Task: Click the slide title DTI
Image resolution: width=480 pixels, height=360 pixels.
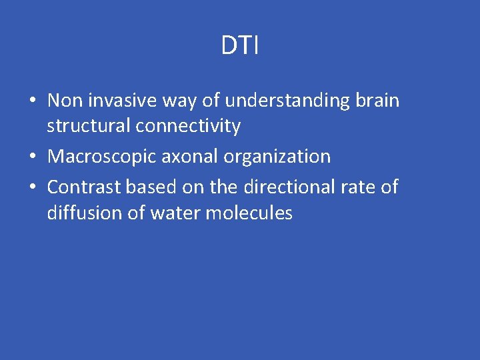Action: (240, 46)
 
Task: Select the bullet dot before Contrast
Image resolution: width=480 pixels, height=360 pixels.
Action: (32, 188)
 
